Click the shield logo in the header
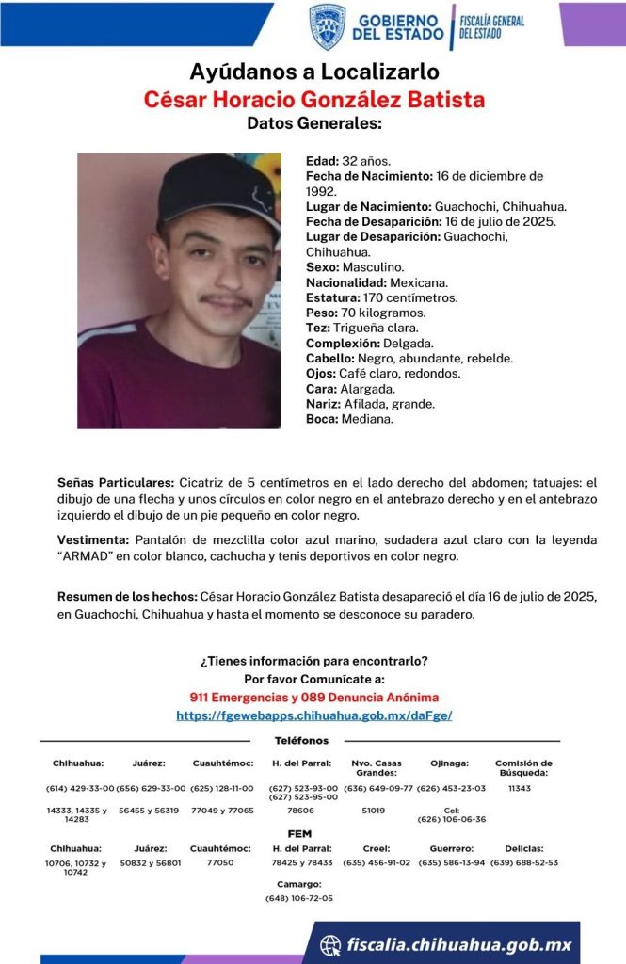pos(327,25)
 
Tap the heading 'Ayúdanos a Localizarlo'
pos(314,72)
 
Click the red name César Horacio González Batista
pos(314,99)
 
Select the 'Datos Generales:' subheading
pos(314,123)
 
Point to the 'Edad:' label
pos(323,161)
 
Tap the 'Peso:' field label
pos(323,313)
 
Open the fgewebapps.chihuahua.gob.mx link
pos(314,715)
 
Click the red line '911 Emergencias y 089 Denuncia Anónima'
pos(314,698)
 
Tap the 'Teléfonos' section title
pos(301,741)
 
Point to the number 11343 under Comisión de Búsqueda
pos(520,788)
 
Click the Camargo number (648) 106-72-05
pos(299,898)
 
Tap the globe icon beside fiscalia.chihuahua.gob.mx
pos(329,945)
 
